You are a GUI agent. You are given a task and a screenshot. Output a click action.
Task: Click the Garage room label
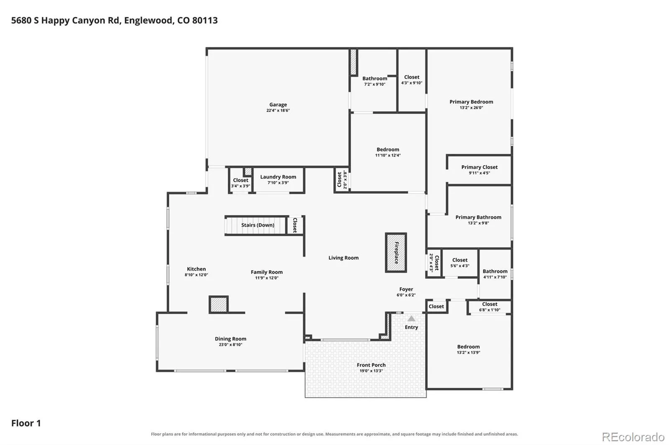point(278,105)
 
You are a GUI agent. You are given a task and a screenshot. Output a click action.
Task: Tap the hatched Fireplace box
point(396,253)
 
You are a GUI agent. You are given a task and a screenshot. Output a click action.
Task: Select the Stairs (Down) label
point(258,225)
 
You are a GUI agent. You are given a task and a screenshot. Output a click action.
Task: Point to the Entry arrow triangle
point(411,319)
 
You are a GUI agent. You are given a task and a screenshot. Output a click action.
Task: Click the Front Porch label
point(371,365)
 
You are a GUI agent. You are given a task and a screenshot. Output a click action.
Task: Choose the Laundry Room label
point(278,177)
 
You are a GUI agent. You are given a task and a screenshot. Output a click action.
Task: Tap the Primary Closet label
point(479,167)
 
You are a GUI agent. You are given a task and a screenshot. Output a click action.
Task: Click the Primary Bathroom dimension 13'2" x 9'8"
point(478,223)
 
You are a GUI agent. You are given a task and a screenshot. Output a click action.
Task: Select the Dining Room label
point(230,339)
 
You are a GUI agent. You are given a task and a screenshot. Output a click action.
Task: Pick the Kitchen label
point(196,269)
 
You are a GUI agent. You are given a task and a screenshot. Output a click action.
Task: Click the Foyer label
point(406,289)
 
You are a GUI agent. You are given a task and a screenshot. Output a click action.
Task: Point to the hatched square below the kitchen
point(219,305)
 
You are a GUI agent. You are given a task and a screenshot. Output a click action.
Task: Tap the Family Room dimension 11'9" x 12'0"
point(267,278)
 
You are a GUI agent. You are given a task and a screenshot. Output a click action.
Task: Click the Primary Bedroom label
point(471,102)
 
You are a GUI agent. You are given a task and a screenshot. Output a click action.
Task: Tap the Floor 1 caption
point(26,423)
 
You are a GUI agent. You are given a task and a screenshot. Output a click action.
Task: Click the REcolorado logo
point(633,437)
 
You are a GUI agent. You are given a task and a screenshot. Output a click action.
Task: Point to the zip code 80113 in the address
point(205,20)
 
